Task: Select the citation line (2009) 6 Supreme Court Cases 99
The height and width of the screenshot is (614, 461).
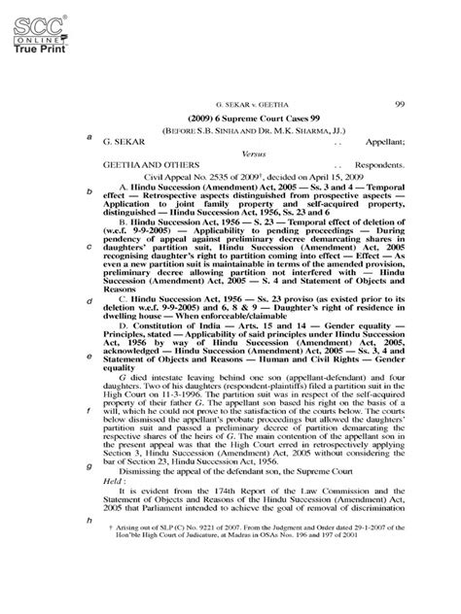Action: (x=255, y=117)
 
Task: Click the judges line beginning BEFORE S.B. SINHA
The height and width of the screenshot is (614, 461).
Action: (x=254, y=128)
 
